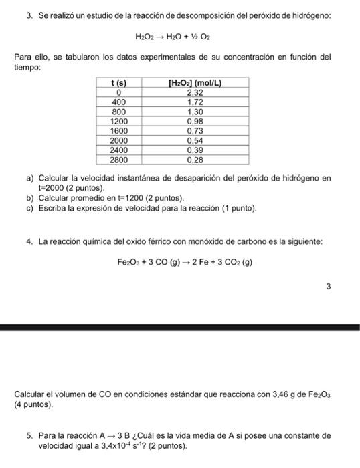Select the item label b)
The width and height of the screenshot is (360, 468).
pos(30,199)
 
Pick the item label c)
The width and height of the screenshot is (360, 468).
pos(30,209)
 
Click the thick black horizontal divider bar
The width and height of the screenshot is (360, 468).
pos(180,327)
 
